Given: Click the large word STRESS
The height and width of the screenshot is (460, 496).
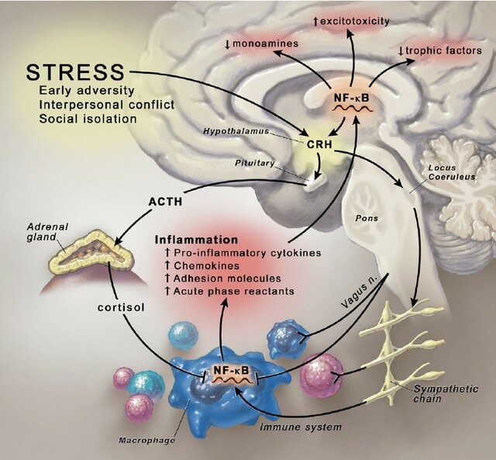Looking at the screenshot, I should click(x=74, y=72).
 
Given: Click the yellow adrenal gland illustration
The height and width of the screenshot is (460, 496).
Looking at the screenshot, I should click(x=85, y=252).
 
